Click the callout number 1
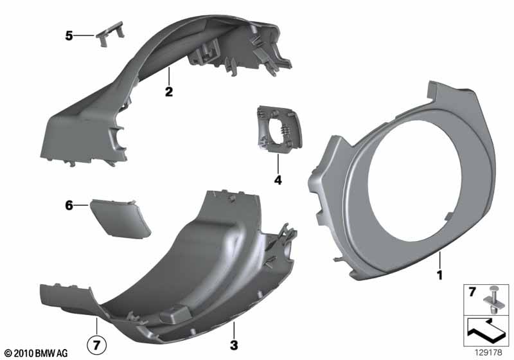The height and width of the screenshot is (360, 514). pos(441,275)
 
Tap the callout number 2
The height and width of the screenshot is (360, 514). pos(168,92)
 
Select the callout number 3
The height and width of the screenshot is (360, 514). pos(234,346)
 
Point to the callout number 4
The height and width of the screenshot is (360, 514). pos(278,181)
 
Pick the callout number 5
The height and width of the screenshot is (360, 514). pos(69,36)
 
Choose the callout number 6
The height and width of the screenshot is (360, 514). pos(69,206)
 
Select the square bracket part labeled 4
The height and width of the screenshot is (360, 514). pos(278,129)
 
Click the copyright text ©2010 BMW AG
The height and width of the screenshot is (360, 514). pos(35,352)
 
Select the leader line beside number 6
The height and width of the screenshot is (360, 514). pos(82,205)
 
